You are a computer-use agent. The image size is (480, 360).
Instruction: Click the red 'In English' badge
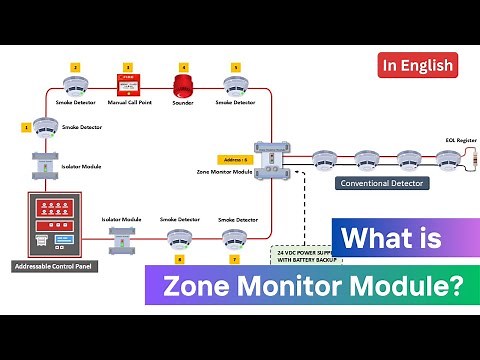(418, 66)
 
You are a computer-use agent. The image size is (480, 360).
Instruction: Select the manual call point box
(128, 85)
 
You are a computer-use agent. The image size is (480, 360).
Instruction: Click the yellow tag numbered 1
(25, 127)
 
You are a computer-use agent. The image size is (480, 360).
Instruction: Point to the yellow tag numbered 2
(74, 67)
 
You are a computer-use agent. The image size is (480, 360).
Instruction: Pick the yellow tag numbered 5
(235, 67)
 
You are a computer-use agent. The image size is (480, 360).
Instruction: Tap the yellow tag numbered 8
(179, 259)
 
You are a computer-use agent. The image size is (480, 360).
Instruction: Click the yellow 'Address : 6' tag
(232, 158)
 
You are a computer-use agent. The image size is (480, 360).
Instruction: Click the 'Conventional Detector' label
(381, 183)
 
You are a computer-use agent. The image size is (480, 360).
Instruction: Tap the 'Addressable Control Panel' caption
(49, 267)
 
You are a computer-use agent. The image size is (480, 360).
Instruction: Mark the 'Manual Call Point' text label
(128, 103)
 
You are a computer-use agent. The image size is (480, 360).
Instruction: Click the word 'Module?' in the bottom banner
(409, 287)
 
